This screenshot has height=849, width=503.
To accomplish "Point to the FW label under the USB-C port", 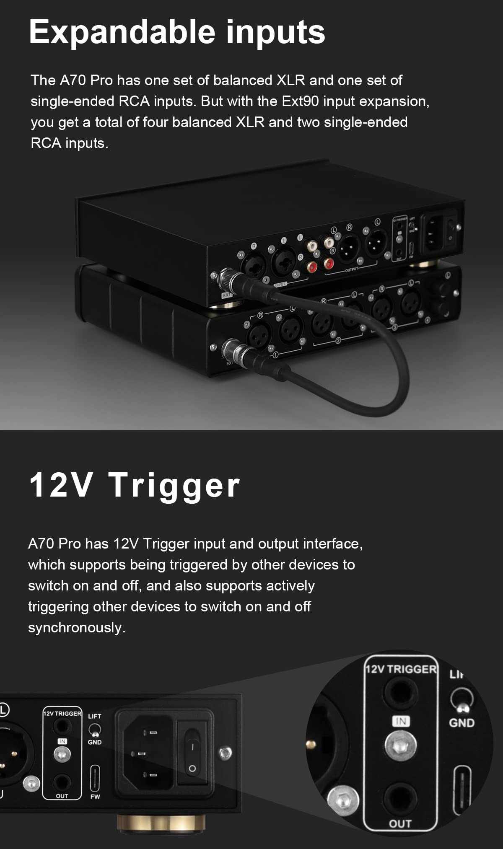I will (x=95, y=797).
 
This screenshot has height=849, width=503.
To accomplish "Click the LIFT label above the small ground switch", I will (x=95, y=716).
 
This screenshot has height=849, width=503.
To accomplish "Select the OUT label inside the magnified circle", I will (x=400, y=824).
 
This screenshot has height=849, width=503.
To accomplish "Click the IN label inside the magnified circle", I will (x=401, y=721).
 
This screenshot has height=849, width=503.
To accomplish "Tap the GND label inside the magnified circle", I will (x=462, y=723).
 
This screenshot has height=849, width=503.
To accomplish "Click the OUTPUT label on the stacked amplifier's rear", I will (x=351, y=269).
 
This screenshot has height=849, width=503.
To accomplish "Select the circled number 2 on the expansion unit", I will (x=338, y=341).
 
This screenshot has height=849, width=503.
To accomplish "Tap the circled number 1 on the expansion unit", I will (x=275, y=355).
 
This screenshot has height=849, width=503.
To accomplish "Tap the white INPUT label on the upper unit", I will (x=280, y=285).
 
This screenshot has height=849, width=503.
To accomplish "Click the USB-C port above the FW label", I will (x=95, y=778).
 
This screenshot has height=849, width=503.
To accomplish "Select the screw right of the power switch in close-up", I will (x=226, y=753).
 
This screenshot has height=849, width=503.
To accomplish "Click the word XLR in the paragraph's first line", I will (x=290, y=80).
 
